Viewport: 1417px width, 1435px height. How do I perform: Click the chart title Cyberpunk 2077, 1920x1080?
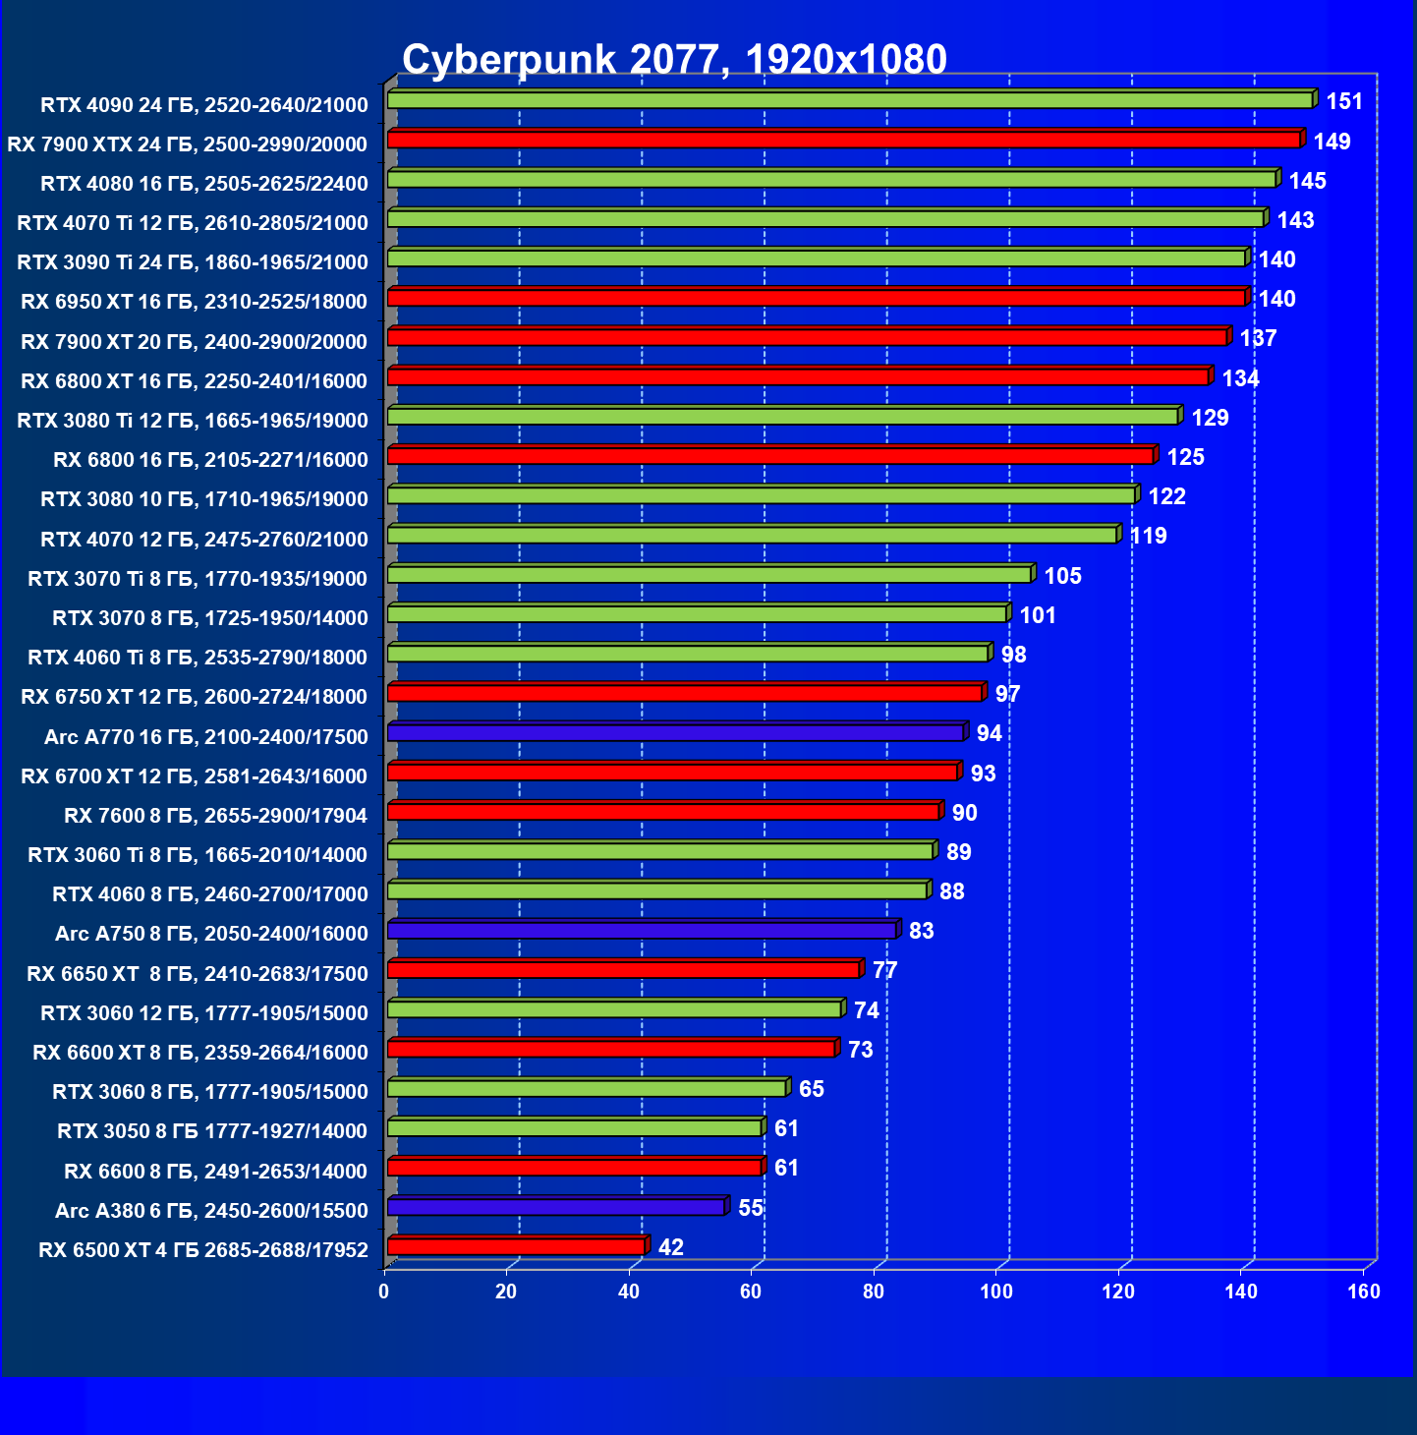tap(674, 60)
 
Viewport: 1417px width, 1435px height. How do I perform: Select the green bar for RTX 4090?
tap(850, 100)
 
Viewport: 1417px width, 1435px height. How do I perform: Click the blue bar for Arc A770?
tap(675, 733)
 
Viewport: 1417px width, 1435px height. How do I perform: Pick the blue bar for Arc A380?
tap(556, 1207)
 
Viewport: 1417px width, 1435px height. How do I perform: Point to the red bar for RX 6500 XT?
tap(516, 1246)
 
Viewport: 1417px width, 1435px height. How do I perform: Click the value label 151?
tap(1344, 101)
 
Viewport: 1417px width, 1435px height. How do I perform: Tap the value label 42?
tap(671, 1247)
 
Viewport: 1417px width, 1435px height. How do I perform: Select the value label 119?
tap(1149, 536)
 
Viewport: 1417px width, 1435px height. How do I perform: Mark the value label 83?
tap(922, 931)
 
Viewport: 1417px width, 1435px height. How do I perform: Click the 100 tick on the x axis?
tap(996, 1291)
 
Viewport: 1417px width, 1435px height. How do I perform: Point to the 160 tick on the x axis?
tap(1364, 1291)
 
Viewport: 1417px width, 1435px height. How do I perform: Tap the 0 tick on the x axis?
tap(384, 1291)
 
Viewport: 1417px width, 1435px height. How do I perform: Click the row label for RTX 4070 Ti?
tap(193, 223)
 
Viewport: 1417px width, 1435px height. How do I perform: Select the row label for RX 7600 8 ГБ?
tap(215, 816)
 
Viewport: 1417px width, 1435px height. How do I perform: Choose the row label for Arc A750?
tap(211, 934)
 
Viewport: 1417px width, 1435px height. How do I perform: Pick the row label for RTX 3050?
tap(212, 1131)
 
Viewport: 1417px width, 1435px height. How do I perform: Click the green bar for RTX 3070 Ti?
tap(709, 574)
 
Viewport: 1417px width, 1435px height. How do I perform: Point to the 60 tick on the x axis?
tap(752, 1291)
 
